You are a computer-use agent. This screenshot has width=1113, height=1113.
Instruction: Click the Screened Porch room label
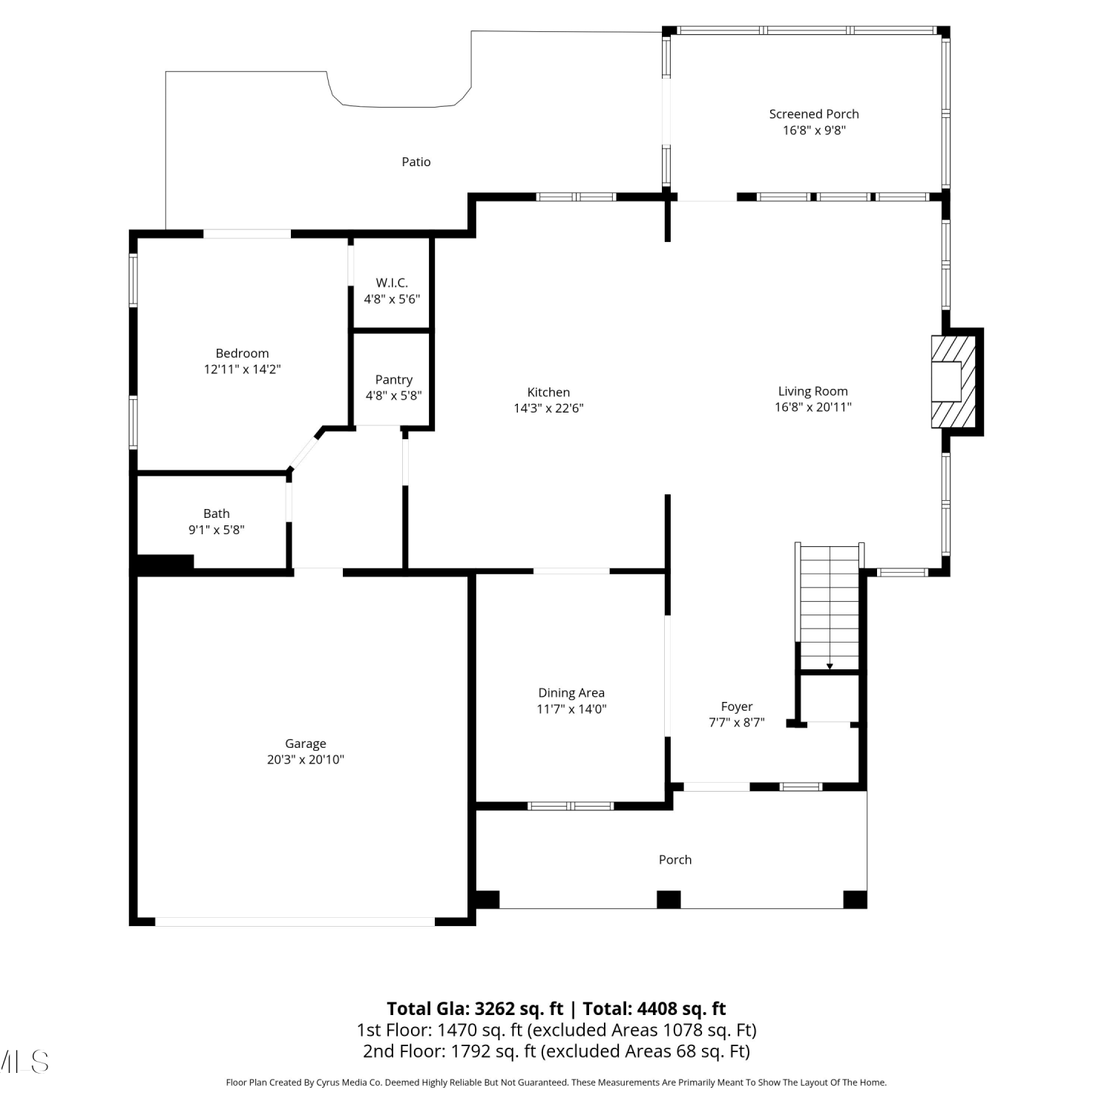(x=814, y=114)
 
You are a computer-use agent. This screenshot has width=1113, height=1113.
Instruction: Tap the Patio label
(x=416, y=162)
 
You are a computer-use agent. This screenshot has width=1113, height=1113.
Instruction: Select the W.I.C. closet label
(x=392, y=283)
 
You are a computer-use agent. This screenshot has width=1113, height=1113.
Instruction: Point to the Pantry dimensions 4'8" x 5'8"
(x=393, y=395)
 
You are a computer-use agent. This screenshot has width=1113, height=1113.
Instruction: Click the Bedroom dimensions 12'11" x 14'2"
(x=243, y=369)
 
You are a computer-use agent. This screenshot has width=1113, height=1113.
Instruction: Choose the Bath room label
(x=217, y=513)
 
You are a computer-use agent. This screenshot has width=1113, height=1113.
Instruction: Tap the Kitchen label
(x=549, y=393)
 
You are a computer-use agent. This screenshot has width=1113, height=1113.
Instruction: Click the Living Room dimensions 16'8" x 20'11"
(x=813, y=407)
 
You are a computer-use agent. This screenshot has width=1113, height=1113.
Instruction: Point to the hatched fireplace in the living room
(x=953, y=381)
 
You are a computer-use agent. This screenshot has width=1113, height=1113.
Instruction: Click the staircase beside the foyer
(x=830, y=607)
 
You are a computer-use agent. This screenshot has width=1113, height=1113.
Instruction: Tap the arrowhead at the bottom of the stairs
(x=830, y=666)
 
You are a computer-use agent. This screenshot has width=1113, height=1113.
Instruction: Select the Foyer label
(x=737, y=706)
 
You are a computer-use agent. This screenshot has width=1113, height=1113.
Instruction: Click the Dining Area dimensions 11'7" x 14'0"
(x=571, y=709)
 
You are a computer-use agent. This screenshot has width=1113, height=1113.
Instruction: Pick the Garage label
(x=306, y=743)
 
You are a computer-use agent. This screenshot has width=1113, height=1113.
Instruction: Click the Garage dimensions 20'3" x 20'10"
(x=306, y=759)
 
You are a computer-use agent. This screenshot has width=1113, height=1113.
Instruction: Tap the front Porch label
(x=675, y=859)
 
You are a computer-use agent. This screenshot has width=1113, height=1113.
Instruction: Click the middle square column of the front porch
(x=669, y=899)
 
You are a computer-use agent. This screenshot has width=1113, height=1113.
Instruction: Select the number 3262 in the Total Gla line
(x=494, y=1008)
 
